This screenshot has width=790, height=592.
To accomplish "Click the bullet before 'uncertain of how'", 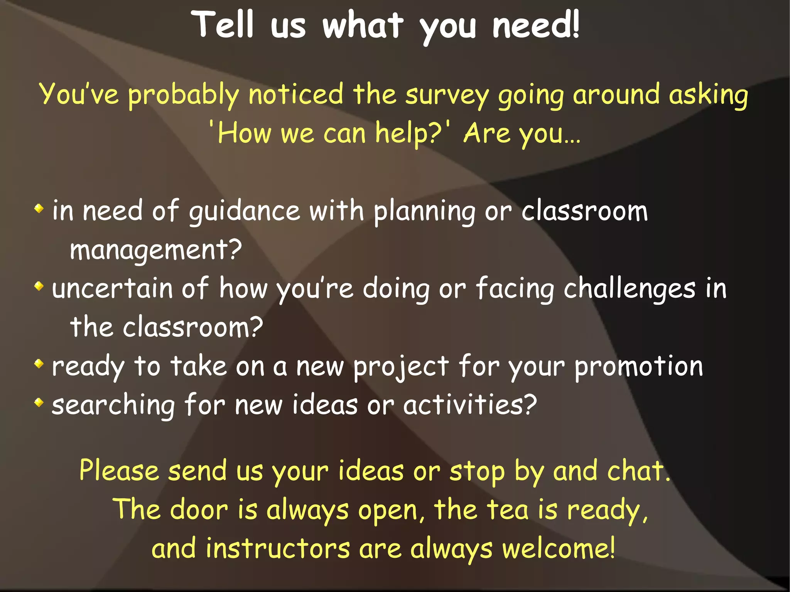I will tap(39, 286).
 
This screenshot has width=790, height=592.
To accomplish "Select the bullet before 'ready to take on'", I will tap(39, 364).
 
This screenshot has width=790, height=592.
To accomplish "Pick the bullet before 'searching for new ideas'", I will tap(39, 403).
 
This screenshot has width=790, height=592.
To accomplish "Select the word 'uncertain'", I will tap(112, 288).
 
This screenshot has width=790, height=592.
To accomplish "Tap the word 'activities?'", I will tap(470, 405).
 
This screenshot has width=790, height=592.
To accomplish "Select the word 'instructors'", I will tap(277, 549).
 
